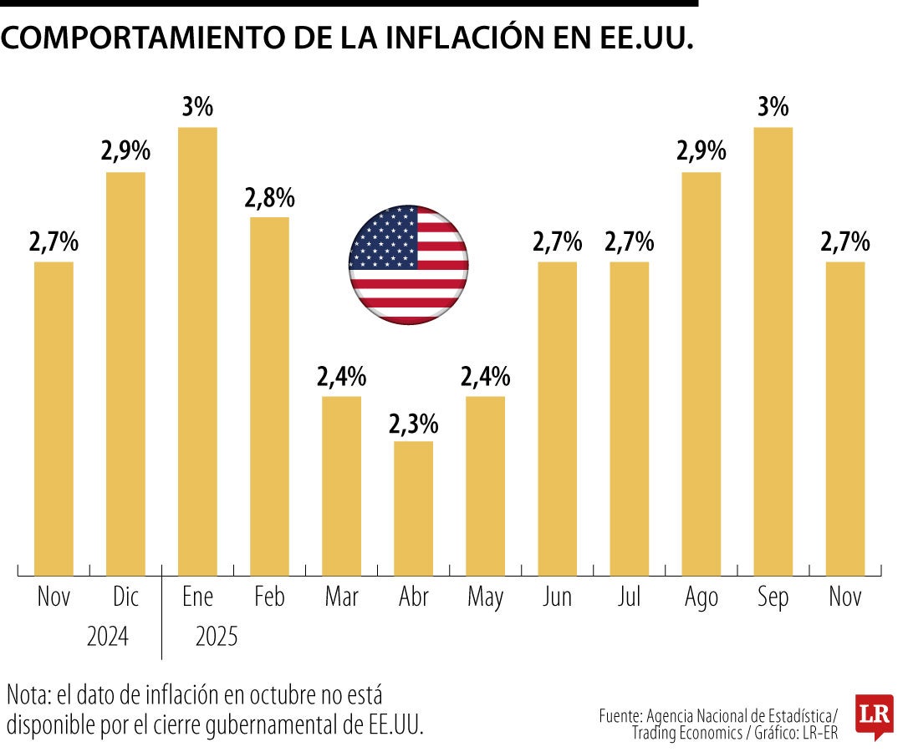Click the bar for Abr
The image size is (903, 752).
[x=413, y=507]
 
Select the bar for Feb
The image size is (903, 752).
[x=269, y=395]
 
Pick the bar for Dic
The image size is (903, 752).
[x=125, y=373]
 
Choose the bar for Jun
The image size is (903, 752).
[x=557, y=418]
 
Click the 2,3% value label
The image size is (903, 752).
[x=413, y=424]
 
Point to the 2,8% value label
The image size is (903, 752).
[x=269, y=199]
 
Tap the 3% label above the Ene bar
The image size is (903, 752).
[x=197, y=109]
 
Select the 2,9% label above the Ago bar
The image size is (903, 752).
[x=701, y=153]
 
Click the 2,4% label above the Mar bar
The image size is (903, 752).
[x=341, y=378]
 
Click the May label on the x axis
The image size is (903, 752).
[x=485, y=598]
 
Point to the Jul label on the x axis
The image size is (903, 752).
[x=629, y=597]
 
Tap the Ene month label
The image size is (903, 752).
[x=197, y=597]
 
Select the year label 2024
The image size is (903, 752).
[x=108, y=638]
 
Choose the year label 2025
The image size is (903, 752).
[x=217, y=638]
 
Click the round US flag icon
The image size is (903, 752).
[x=408, y=264]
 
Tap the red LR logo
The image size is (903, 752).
[x=874, y=715]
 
